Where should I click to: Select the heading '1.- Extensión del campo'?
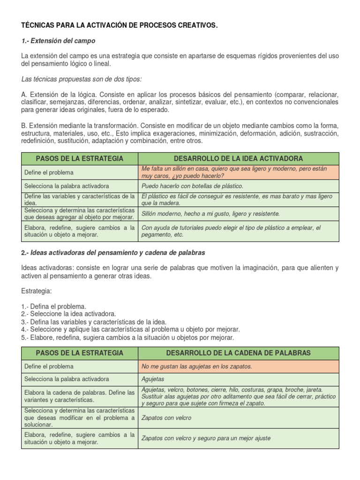click(x=58, y=41)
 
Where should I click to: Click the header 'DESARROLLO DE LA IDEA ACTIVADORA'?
click(x=238, y=158)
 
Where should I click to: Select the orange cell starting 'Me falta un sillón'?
click(x=238, y=172)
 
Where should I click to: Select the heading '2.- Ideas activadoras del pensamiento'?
click(x=113, y=253)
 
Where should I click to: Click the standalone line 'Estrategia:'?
click(x=37, y=291)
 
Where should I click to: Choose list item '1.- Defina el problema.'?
click(x=53, y=306)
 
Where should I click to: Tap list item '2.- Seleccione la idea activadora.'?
click(x=68, y=314)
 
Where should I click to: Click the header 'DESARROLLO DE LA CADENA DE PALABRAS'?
click(x=238, y=352)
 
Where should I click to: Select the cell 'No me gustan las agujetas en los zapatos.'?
click(x=196, y=367)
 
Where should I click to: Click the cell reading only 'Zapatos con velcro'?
click(x=166, y=418)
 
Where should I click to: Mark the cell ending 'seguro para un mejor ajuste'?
click(x=206, y=438)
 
